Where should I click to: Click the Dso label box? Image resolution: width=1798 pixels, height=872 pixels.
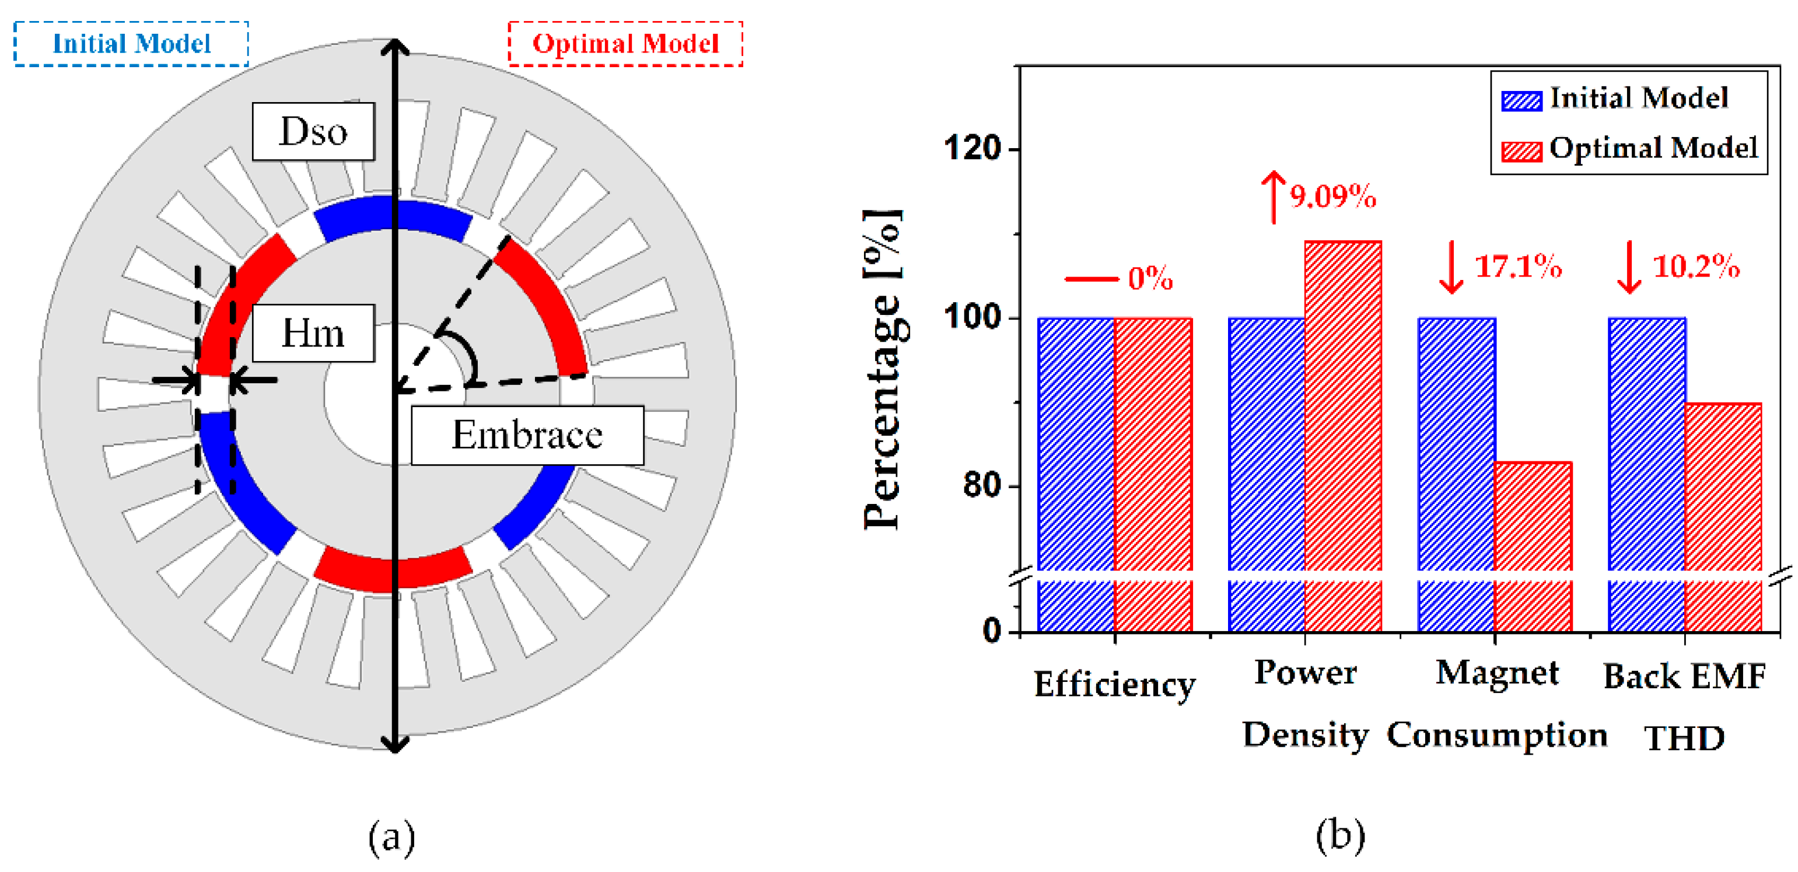pyautogui.click(x=313, y=131)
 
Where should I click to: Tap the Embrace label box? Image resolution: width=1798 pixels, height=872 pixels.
pyautogui.click(x=527, y=435)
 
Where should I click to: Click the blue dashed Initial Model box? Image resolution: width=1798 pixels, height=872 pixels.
pyautogui.click(x=131, y=44)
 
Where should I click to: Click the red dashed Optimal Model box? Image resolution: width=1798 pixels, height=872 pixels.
pyautogui.click(x=625, y=44)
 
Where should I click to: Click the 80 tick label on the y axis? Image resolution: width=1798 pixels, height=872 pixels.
pyautogui.click(x=983, y=485)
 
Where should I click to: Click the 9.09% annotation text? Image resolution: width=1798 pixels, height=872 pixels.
pyautogui.click(x=1332, y=197)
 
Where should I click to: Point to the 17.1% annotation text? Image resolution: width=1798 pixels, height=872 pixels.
pyautogui.click(x=1517, y=267)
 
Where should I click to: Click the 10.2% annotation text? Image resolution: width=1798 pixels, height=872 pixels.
pyautogui.click(x=1696, y=267)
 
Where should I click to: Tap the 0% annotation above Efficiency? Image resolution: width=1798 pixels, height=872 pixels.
pyautogui.click(x=1150, y=278)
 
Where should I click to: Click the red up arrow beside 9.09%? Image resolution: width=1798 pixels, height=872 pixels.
pyautogui.click(x=1274, y=197)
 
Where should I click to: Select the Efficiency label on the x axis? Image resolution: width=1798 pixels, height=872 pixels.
pyautogui.click(x=1115, y=684)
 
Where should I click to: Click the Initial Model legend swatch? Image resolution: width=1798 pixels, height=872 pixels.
pyautogui.click(x=1521, y=100)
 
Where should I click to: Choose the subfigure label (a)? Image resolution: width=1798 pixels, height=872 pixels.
pyautogui.click(x=391, y=836)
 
